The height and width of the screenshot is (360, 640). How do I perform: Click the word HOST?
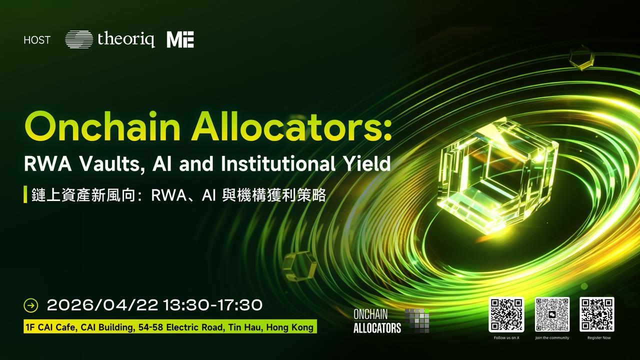click(x=37, y=40)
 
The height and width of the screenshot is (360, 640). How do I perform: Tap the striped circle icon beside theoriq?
click(x=79, y=39)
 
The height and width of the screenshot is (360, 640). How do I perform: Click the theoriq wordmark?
click(x=126, y=39)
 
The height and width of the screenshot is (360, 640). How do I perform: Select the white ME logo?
click(x=180, y=39)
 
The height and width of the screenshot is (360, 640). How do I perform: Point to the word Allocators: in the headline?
click(x=291, y=126)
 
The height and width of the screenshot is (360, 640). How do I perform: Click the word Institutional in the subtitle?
click(x=278, y=163)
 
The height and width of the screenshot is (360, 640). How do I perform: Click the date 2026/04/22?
click(x=102, y=305)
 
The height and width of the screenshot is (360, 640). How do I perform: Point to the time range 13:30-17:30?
click(x=213, y=305)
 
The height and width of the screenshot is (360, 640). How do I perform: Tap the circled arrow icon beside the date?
click(x=31, y=305)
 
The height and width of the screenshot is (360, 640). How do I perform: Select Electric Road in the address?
click(x=195, y=327)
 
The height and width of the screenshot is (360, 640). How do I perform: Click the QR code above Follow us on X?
click(x=506, y=314)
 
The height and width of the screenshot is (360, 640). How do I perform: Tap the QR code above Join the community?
click(x=552, y=314)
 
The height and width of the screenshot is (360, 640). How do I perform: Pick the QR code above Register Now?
click(x=597, y=314)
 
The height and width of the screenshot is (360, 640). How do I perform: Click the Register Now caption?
click(x=599, y=337)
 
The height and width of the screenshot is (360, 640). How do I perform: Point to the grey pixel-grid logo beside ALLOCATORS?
click(x=417, y=321)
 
